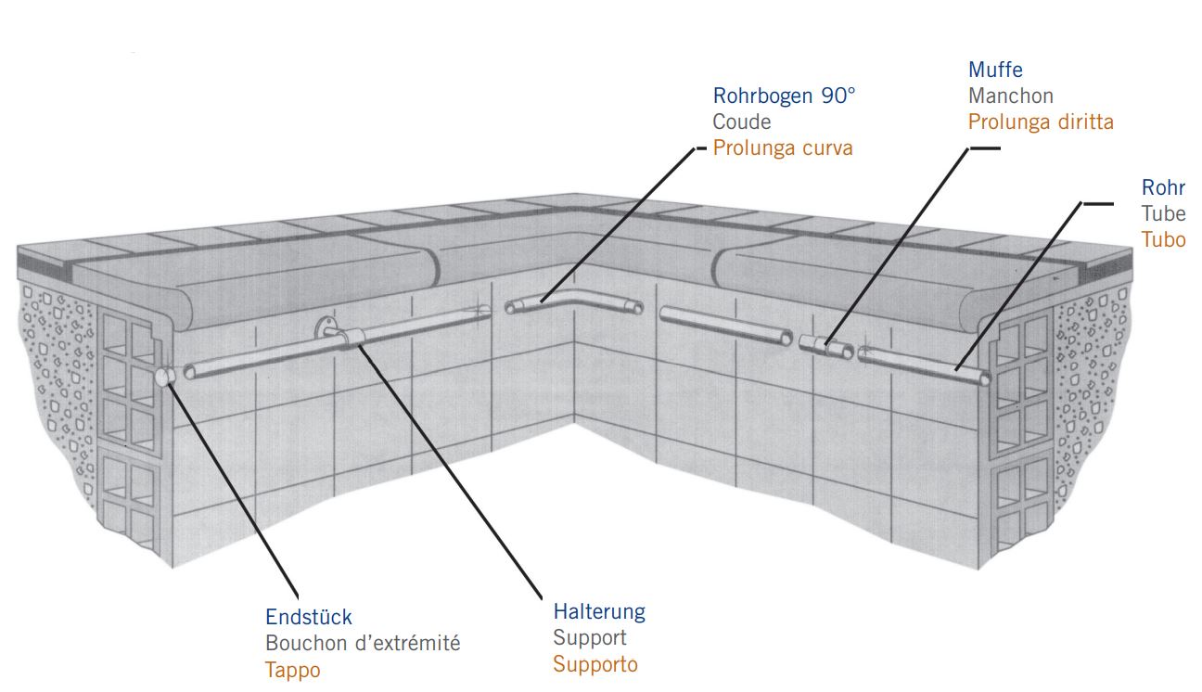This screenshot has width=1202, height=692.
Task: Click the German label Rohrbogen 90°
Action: [784, 96]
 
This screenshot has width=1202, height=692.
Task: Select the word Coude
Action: [742, 122]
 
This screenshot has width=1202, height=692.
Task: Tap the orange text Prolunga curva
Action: [783, 148]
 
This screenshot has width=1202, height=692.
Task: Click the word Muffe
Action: [995, 70]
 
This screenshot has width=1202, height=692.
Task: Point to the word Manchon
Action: [1011, 96]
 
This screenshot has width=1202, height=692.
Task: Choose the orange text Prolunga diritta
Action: [1041, 122]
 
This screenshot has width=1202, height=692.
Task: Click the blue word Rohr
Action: [1163, 187]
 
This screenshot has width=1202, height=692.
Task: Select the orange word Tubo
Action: [1163, 239]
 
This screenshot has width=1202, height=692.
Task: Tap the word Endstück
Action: [309, 618]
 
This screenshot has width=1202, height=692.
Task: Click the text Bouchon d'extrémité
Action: [363, 643]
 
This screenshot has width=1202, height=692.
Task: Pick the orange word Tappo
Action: [292, 670]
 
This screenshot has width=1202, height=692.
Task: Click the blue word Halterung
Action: [599, 612]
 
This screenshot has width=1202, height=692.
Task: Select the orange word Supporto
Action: [595, 664]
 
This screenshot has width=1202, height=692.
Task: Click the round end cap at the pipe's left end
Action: [163, 377]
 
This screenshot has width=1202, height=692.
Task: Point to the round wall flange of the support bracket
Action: [324, 327]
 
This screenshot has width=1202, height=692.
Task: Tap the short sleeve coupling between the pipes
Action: [825, 346]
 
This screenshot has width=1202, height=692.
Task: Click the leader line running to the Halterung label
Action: [450, 472]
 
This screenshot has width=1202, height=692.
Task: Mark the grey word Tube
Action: [1163, 213]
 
